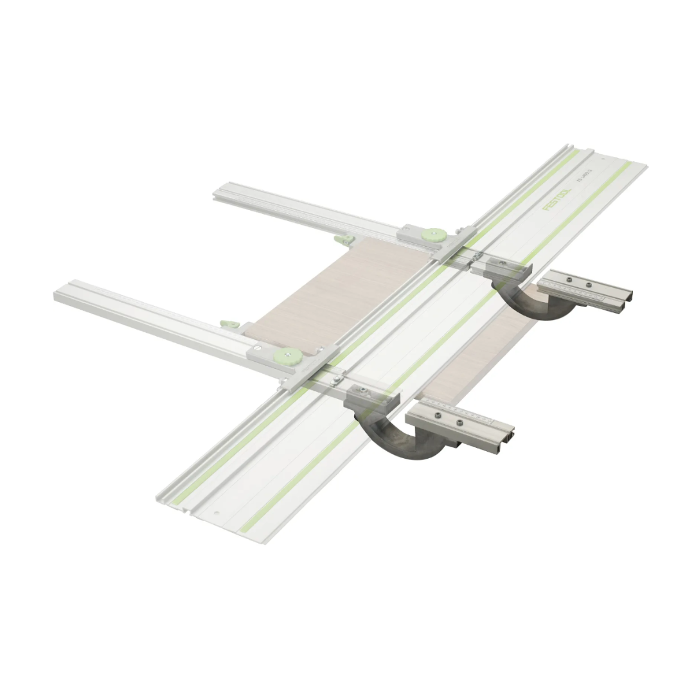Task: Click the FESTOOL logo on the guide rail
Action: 556,199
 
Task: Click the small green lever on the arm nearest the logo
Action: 345,240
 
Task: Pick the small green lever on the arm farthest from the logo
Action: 229,325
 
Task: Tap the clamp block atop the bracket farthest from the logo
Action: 371,398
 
